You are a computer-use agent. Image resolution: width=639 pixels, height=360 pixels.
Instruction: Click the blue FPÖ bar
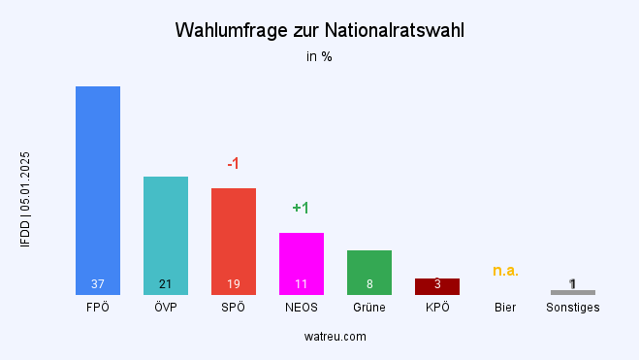98,184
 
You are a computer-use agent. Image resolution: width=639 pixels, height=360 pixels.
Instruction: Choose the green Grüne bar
369,267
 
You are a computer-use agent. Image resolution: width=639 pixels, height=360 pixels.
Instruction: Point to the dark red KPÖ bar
437,286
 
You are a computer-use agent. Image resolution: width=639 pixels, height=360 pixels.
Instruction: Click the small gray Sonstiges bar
573,292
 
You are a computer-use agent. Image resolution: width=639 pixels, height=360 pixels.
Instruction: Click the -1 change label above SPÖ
234,164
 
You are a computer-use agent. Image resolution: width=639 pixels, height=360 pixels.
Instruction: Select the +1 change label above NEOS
301,209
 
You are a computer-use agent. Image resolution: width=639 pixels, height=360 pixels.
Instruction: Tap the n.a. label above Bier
505,271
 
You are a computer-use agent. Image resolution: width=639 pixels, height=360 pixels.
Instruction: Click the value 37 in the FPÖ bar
98,284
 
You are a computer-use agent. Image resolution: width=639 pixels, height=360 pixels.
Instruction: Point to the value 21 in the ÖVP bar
166,284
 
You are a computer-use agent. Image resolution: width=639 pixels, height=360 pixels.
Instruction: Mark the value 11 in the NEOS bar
302,284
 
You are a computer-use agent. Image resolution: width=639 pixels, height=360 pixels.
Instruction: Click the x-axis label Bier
505,308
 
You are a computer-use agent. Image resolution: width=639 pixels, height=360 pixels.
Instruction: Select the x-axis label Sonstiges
573,308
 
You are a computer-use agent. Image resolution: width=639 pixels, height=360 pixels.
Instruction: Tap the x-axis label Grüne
369,308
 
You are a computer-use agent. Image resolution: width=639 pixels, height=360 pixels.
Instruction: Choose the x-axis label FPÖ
98,308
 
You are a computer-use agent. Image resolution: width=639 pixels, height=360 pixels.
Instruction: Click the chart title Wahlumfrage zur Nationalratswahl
319,30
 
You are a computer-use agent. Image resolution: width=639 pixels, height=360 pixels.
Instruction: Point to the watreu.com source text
319,337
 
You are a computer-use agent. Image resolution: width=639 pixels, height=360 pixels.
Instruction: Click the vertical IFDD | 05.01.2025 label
25,200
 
